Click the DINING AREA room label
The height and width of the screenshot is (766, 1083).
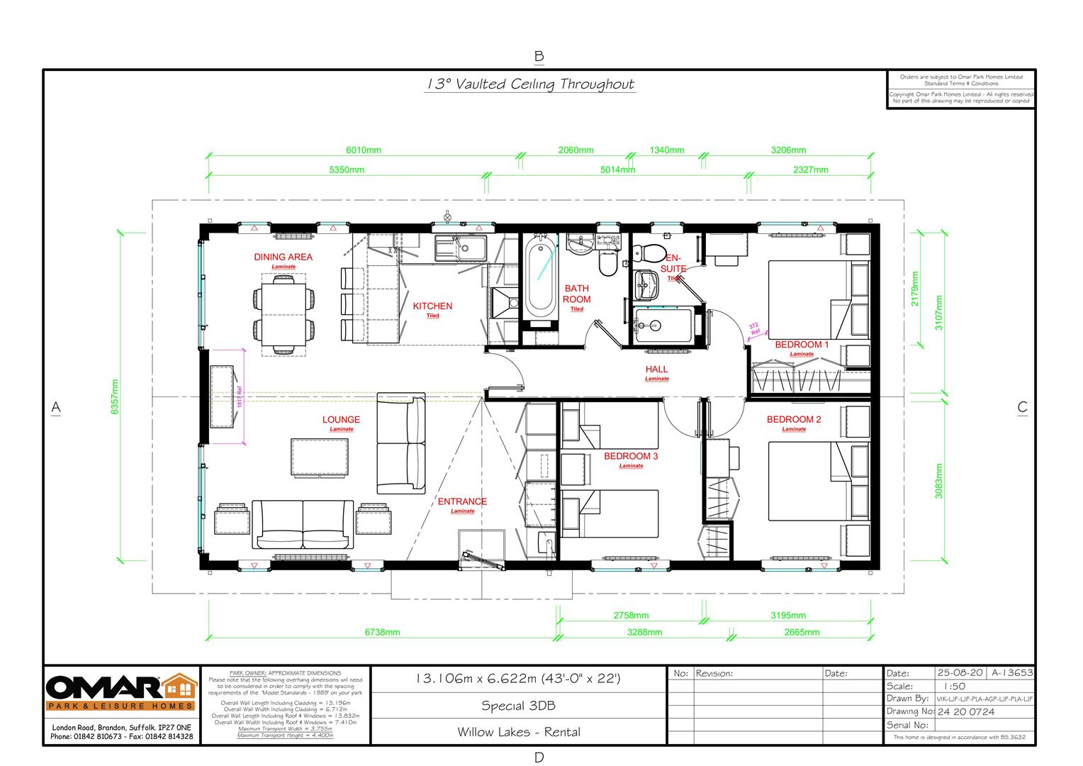[283, 257]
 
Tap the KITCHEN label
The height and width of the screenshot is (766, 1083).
[432, 306]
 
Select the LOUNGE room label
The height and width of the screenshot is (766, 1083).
[341, 420]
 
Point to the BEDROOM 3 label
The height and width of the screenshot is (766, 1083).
[631, 456]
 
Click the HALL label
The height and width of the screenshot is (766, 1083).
[656, 370]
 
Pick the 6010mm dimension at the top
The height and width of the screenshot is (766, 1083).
[364, 150]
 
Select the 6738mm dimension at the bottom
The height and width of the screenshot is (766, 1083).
[382, 632]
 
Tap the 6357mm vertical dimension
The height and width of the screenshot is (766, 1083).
[116, 398]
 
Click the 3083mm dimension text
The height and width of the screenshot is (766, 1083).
[938, 482]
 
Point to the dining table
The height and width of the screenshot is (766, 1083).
[284, 312]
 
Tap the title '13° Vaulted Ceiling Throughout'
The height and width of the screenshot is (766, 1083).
[529, 84]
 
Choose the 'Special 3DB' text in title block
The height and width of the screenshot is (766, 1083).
[518, 706]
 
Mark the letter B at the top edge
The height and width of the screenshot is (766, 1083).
[539, 56]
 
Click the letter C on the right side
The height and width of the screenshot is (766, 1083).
[1022, 407]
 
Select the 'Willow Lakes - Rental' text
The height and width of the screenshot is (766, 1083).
[518, 732]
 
